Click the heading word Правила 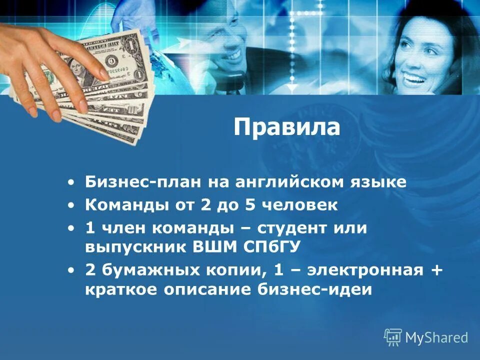click(x=286, y=128)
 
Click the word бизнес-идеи click(x=325, y=290)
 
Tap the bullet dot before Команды click(x=73, y=205)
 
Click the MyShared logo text click(x=436, y=338)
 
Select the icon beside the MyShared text click(x=392, y=337)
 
